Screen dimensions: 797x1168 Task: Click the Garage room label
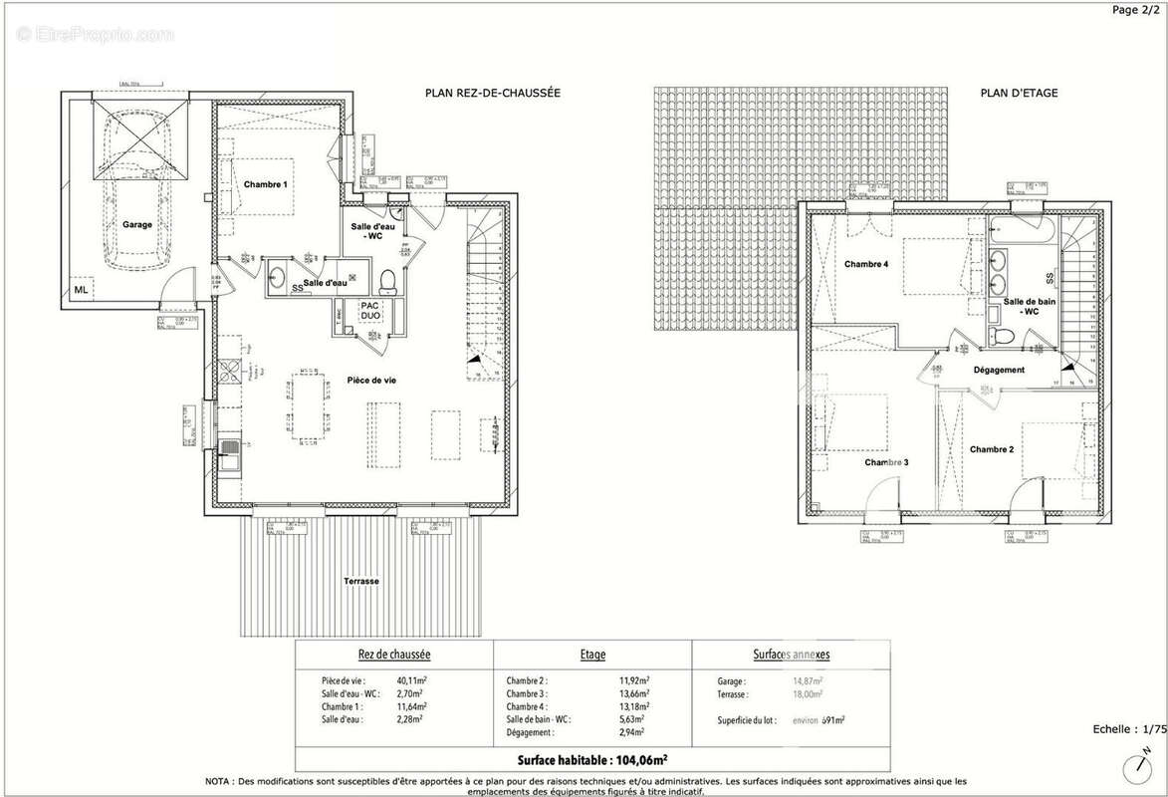point(137,225)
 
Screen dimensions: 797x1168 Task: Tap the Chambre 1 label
point(266,185)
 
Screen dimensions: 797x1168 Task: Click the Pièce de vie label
point(368,381)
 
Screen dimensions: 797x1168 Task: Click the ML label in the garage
point(81,291)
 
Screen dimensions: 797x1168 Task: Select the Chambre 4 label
point(865,264)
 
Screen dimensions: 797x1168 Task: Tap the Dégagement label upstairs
point(999,370)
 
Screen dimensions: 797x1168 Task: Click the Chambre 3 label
point(886,462)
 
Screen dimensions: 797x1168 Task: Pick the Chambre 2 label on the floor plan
point(992,449)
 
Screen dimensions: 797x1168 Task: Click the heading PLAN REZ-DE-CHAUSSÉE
point(493,93)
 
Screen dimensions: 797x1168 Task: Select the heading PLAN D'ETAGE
point(1019,93)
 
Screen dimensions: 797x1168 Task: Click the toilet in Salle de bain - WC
point(1007,336)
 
